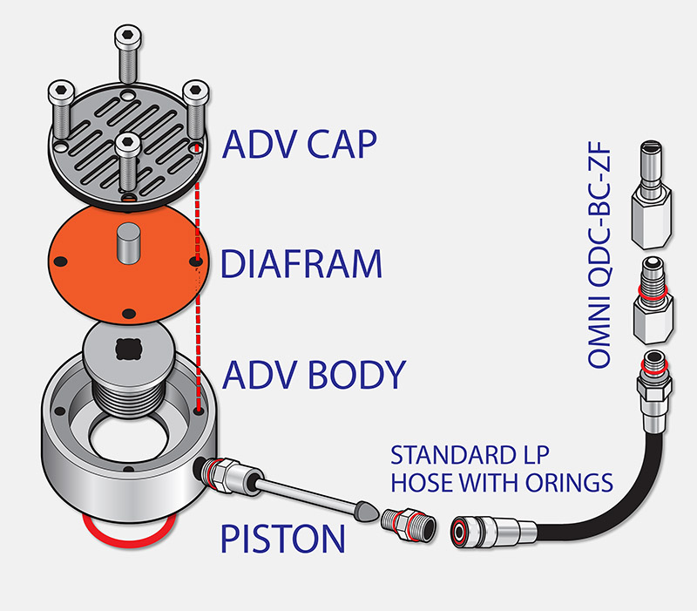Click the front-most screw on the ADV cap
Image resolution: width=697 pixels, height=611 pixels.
click(127, 161)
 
